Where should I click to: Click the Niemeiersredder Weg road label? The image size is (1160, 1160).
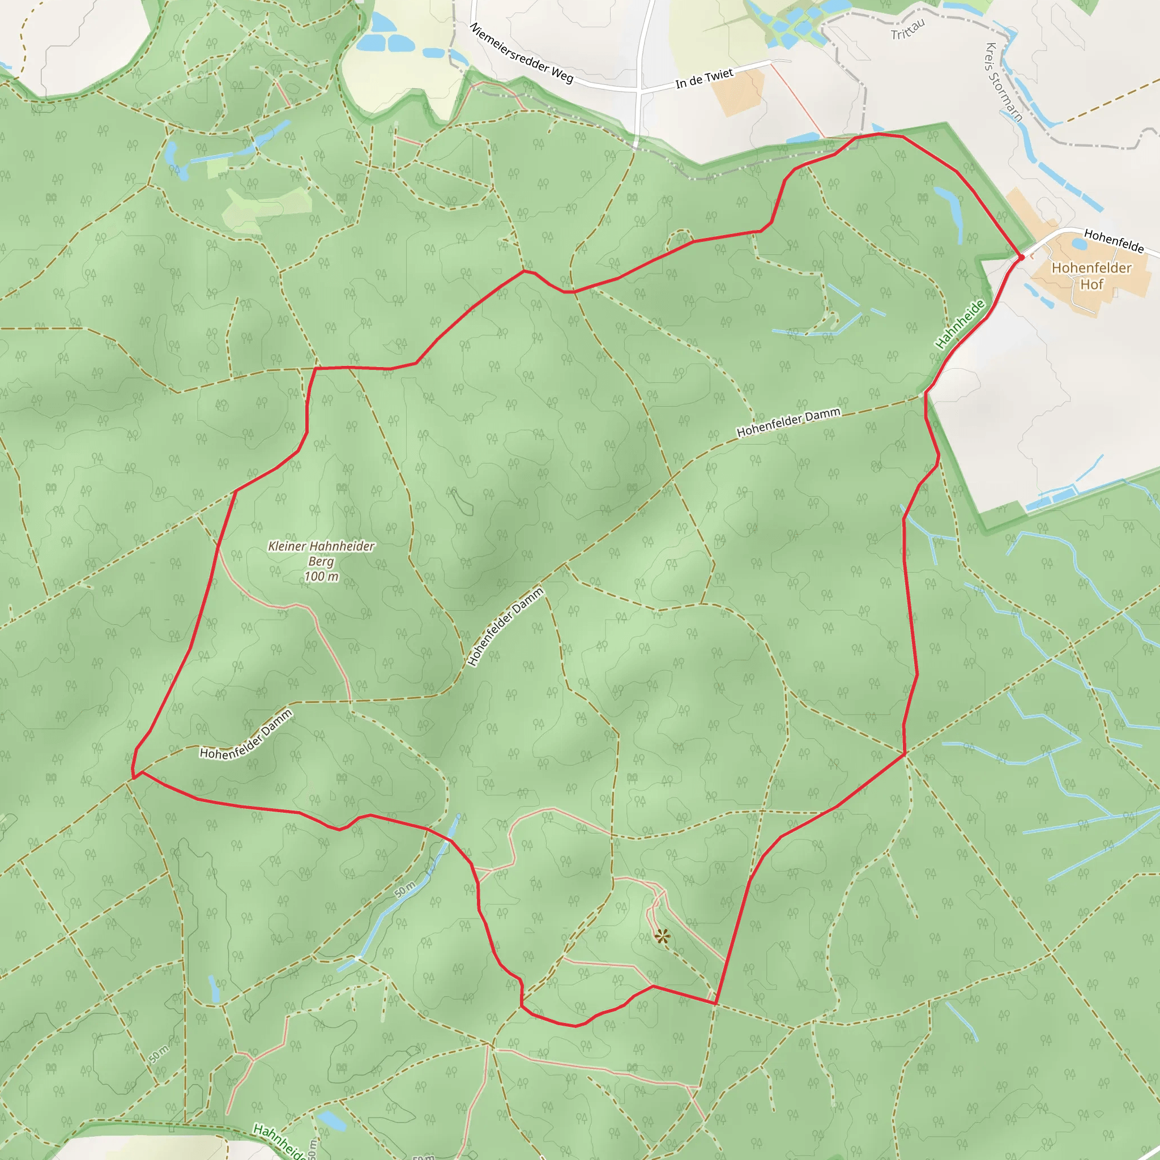click(521, 52)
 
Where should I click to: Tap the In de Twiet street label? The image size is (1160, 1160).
click(704, 79)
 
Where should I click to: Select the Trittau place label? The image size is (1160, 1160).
click(907, 29)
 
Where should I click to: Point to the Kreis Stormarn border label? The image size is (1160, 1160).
click(1004, 82)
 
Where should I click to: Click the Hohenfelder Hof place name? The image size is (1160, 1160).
click(1091, 276)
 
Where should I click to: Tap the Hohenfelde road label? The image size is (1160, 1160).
click(1114, 240)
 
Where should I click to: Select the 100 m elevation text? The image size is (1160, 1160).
click(321, 577)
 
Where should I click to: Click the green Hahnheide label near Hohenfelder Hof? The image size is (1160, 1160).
click(960, 324)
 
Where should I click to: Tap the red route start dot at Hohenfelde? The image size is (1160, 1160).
click(1021, 258)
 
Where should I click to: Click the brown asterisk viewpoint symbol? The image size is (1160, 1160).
click(662, 936)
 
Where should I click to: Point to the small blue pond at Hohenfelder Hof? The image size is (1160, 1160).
click(1079, 244)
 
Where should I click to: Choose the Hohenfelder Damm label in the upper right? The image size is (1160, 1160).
click(788, 423)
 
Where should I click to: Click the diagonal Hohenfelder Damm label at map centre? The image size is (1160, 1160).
click(506, 627)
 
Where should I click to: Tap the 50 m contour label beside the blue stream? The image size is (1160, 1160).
click(406, 889)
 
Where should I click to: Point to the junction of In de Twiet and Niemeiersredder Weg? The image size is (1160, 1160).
click(640, 91)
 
